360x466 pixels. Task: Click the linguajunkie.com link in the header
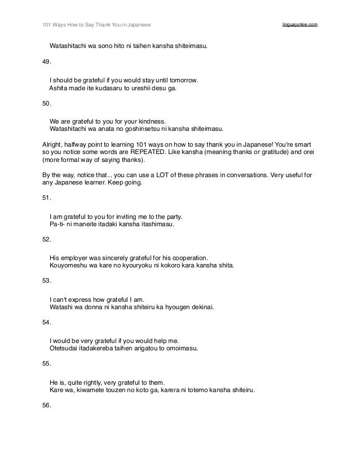[299, 25]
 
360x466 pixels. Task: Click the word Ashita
[59, 89]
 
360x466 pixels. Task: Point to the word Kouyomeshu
[68, 265]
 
